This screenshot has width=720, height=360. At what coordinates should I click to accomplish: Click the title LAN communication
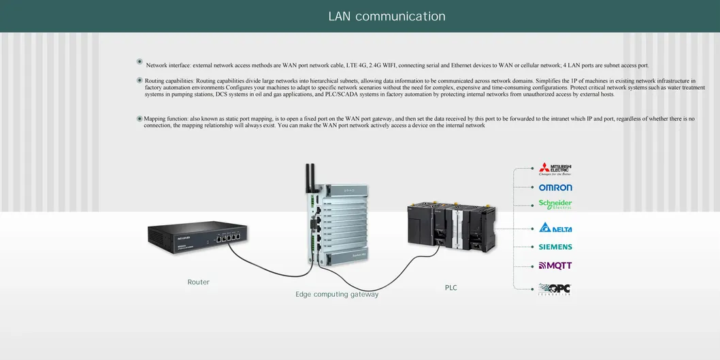(387, 16)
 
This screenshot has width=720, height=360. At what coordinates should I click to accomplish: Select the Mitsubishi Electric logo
(555, 169)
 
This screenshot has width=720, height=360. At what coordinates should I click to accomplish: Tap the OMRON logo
(555, 187)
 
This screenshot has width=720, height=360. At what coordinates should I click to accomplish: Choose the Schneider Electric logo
(555, 204)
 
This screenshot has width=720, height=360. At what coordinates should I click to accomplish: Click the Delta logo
(555, 228)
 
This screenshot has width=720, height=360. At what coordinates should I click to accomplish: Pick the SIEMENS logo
(555, 247)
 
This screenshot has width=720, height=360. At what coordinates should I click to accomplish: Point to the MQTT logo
(555, 265)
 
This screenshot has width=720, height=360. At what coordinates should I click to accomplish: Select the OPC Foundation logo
(555, 289)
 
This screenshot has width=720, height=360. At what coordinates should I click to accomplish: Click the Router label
(199, 282)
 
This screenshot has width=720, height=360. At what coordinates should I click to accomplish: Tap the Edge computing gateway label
(337, 295)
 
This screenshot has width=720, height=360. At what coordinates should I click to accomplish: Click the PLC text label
(451, 288)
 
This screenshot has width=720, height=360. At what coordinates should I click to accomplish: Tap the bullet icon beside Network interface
(140, 62)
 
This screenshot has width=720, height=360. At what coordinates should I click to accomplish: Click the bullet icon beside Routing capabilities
(140, 80)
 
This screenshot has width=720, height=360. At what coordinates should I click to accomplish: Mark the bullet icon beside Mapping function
(140, 118)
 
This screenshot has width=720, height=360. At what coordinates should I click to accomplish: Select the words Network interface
(169, 65)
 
